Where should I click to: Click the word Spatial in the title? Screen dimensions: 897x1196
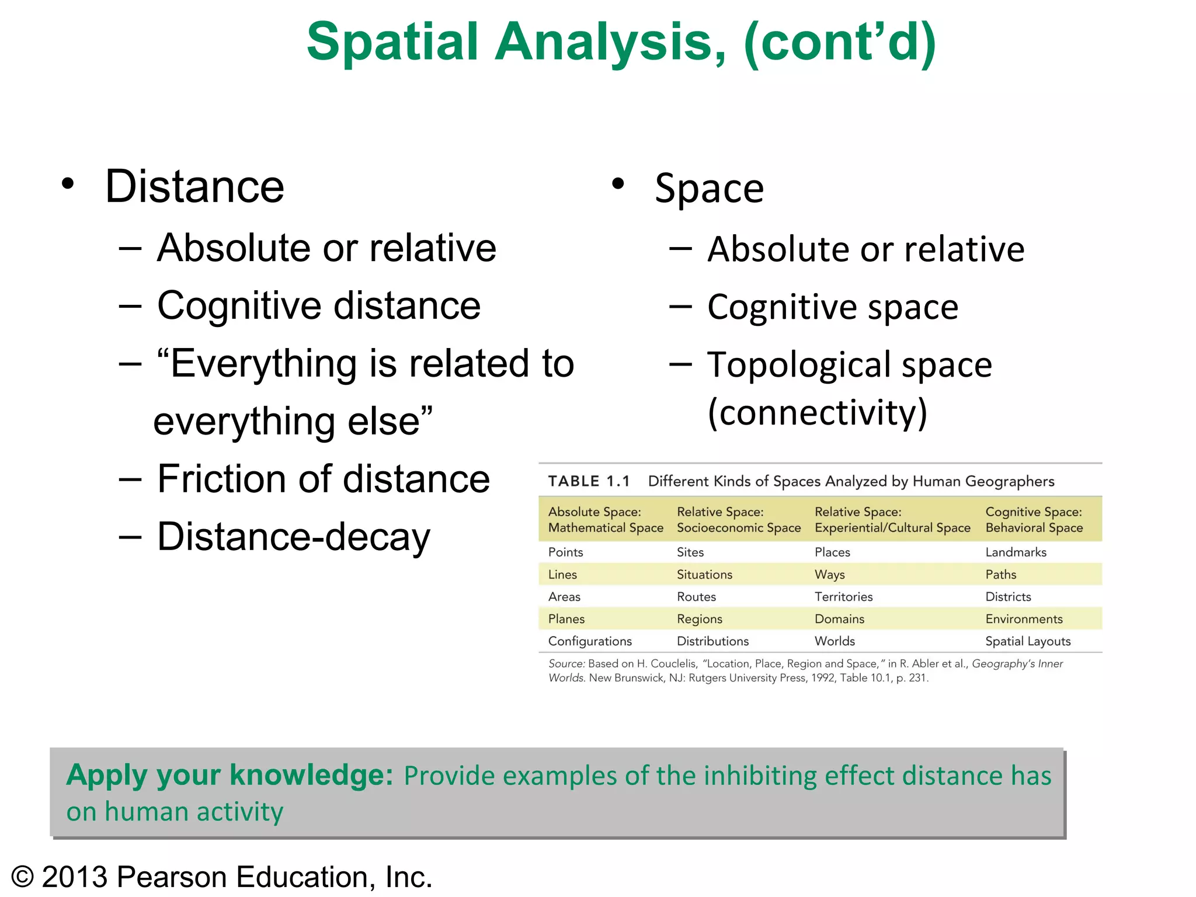point(392,42)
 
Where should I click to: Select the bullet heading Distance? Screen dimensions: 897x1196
point(194,187)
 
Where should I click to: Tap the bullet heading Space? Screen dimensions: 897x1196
point(709,189)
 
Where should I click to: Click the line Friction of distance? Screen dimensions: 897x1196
point(323,479)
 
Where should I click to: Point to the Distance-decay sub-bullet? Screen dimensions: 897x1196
point(293,537)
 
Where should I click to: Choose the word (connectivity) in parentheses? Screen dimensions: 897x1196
point(817,412)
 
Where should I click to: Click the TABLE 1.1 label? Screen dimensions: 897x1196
point(589,481)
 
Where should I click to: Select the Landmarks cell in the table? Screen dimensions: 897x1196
point(1016,552)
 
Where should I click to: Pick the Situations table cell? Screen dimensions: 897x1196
point(704,574)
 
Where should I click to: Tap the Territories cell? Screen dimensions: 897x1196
point(843,596)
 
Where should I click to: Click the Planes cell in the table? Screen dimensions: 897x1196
point(566,618)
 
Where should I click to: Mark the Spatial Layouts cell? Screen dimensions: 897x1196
point(1028,641)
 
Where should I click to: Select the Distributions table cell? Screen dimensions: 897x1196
point(712,641)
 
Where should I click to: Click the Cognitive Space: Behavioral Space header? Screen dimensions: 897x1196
point(1034,519)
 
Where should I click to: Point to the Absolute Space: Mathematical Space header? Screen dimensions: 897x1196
point(606,519)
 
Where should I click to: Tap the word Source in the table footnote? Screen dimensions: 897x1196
point(566,663)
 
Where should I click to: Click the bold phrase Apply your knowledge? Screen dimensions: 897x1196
point(230,775)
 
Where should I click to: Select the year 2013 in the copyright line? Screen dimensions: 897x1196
point(74,877)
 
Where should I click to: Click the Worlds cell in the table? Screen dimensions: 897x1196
point(835,641)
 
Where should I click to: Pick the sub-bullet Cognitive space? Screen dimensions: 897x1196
point(832,307)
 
